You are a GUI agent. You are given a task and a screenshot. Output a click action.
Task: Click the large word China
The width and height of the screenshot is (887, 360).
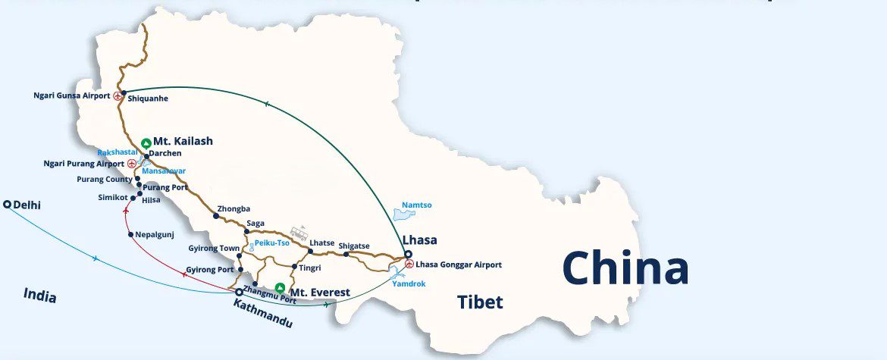tap(625, 268)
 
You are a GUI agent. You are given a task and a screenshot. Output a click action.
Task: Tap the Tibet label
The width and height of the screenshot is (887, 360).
tap(480, 302)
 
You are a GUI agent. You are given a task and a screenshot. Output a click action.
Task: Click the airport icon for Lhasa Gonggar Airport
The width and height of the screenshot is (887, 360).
tap(409, 265)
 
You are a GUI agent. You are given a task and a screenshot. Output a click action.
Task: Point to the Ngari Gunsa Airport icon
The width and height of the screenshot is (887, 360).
tap(117, 96)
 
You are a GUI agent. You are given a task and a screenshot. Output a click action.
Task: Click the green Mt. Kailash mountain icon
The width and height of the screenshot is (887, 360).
tap(146, 142)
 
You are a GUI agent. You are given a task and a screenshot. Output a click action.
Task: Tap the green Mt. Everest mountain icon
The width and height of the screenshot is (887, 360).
tap(280, 288)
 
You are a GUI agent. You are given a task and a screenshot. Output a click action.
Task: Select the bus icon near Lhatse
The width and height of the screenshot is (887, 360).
tap(299, 232)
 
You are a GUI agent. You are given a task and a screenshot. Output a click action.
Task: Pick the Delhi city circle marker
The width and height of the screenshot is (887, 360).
tap(8, 205)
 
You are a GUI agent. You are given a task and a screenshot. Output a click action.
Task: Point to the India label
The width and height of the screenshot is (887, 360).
tap(39, 295)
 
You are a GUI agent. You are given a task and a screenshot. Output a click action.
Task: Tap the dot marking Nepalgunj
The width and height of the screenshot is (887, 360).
tap(130, 234)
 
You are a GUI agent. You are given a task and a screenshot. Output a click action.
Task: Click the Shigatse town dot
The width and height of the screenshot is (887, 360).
tap(346, 254)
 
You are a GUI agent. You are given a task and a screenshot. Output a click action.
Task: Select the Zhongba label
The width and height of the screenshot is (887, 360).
tap(234, 208)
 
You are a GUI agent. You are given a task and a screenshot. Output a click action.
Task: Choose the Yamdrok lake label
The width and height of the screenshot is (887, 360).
tap(409, 283)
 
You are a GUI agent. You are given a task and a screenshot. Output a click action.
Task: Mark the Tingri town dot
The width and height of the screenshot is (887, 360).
tap(293, 267)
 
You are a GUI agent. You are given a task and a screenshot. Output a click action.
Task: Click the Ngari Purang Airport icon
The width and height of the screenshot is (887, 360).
tap(132, 163)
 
